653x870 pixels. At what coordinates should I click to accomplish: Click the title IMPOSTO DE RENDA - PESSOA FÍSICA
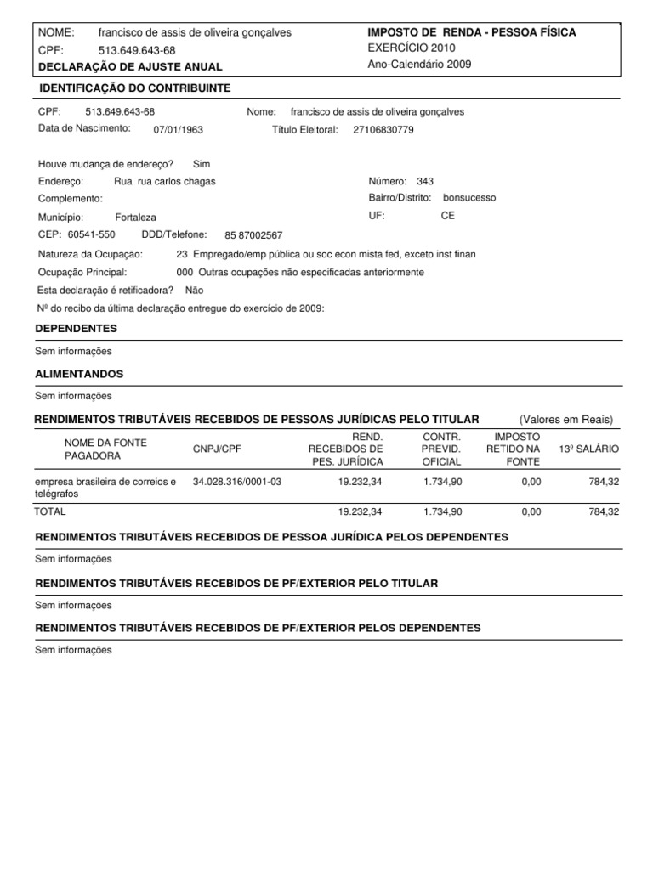pos(471,32)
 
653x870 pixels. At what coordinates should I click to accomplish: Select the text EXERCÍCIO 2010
pos(412,48)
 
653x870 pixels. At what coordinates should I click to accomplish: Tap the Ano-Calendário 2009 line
pos(419,65)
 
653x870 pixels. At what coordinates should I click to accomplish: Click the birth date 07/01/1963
pos(178,130)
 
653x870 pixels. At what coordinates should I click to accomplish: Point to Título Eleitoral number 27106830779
pos(383,130)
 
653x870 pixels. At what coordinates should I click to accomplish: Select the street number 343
pos(425,181)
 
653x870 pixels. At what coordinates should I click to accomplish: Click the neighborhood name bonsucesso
pos(469,197)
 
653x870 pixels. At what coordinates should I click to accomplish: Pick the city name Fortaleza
pos(135,217)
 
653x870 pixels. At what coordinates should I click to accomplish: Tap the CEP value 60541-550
pos(91,234)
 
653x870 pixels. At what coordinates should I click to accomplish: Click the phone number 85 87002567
pos(253,236)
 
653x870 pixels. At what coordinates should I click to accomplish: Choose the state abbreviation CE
pos(447,216)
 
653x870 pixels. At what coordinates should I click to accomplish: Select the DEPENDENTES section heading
pos(76,328)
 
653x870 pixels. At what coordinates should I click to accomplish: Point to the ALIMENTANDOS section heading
pos(79,374)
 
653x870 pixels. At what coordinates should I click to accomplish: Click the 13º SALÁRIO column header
pos(589,449)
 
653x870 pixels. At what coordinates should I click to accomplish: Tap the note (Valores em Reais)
pos(565,420)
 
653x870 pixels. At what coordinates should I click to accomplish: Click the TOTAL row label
pos(49,512)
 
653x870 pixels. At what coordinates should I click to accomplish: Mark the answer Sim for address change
pos(202,164)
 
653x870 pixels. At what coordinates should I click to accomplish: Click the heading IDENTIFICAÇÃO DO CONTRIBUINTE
pos(134,88)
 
